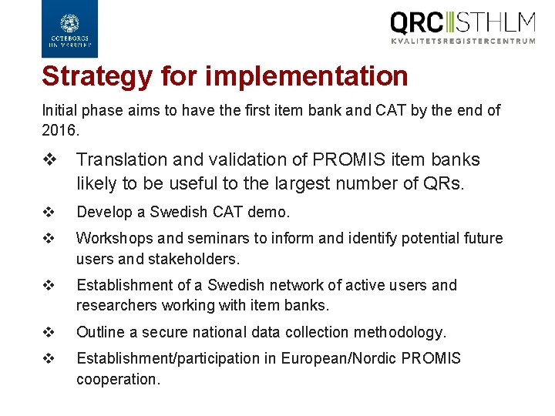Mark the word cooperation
tap(117, 378)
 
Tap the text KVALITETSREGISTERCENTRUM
tap(462, 41)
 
